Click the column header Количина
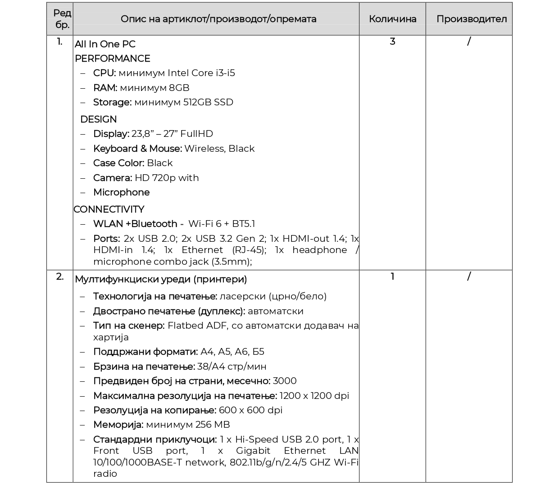click(x=392, y=19)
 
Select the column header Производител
click(x=471, y=19)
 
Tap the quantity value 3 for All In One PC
click(x=392, y=41)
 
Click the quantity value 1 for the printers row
click(x=392, y=276)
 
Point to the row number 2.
click(x=59, y=276)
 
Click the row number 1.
click(x=59, y=42)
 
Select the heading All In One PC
click(x=105, y=44)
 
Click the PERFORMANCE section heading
click(x=112, y=59)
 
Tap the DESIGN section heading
click(x=98, y=119)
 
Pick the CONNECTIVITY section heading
click(x=109, y=209)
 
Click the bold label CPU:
click(x=105, y=73)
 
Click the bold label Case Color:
click(x=118, y=163)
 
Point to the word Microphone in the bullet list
click(x=121, y=192)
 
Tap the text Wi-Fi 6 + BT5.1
click(x=221, y=224)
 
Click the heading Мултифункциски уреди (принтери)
click(x=161, y=279)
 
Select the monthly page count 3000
click(x=285, y=381)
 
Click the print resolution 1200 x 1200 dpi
click(x=314, y=396)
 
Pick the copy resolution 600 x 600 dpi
click(x=250, y=410)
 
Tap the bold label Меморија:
click(x=118, y=425)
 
